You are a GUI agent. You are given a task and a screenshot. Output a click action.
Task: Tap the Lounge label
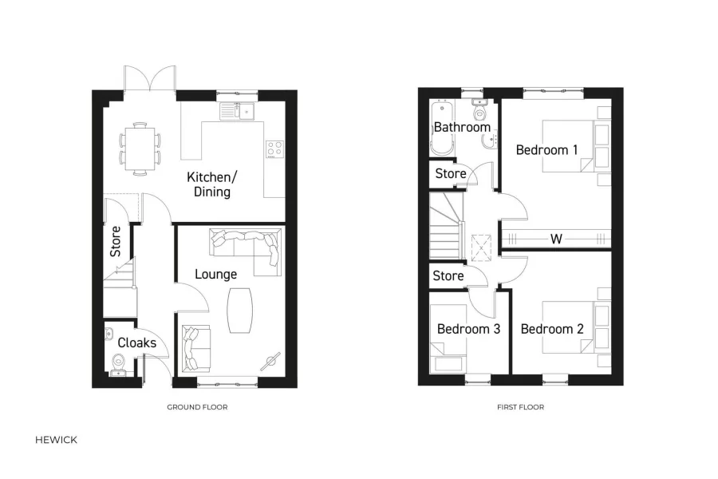[216, 274]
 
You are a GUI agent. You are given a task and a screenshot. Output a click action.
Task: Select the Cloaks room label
[136, 342]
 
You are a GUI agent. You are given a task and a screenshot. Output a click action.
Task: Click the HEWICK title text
[57, 439]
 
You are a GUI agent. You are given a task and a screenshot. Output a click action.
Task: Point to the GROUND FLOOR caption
[197, 407]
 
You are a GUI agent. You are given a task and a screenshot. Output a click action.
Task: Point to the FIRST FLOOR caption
[520, 407]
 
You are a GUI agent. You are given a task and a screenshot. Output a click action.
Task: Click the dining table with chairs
[140, 148]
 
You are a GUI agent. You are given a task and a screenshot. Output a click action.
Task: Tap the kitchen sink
[237, 111]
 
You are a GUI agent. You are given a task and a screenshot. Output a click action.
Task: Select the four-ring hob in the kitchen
[275, 149]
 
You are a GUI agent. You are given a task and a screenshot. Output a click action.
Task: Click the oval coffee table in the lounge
[239, 310]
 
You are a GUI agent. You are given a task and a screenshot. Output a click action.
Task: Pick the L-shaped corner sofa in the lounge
[247, 243]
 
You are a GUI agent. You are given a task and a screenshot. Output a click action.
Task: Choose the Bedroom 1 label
[546, 149]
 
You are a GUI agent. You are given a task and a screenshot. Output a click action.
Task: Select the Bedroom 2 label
[552, 328]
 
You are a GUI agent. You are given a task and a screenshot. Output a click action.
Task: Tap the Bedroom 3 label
[468, 328]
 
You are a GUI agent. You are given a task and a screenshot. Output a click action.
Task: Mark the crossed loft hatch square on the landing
[481, 247]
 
